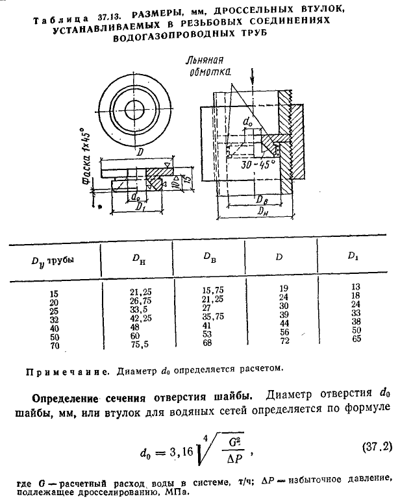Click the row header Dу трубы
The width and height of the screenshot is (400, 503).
(x=53, y=260)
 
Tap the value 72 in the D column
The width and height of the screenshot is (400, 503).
(x=283, y=340)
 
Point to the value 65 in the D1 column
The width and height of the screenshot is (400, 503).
(x=354, y=338)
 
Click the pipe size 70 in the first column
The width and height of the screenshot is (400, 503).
(x=54, y=345)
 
